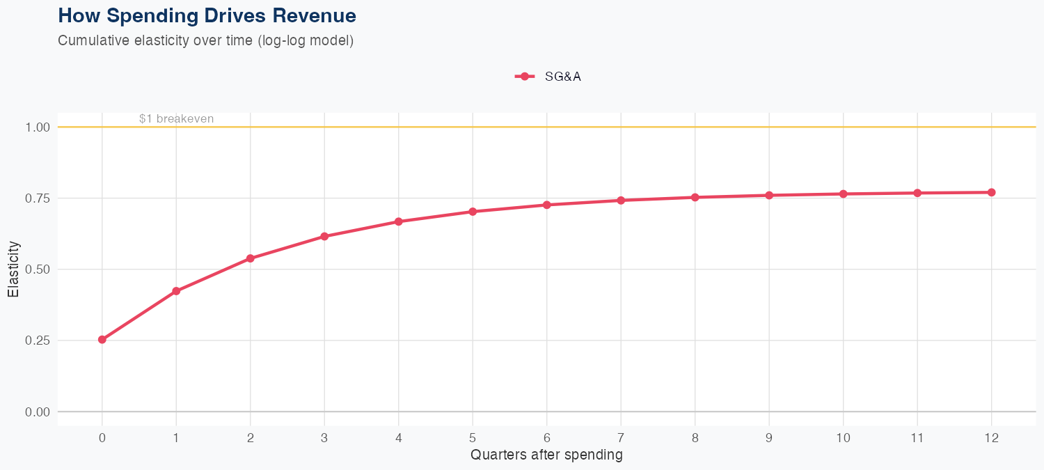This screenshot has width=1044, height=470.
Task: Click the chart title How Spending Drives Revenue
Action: tap(207, 16)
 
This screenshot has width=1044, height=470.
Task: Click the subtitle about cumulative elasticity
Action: tap(206, 40)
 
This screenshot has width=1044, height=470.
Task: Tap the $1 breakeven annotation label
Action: tap(176, 119)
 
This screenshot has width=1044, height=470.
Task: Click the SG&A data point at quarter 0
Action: tap(102, 340)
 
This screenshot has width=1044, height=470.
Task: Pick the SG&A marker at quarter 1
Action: tap(176, 291)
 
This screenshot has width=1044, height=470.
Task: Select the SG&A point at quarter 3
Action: tap(324, 237)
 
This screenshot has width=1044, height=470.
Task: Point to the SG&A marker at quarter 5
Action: tap(473, 212)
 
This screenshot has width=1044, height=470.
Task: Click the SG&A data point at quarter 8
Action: tap(695, 197)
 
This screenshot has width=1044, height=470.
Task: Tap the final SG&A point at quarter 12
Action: tap(991, 192)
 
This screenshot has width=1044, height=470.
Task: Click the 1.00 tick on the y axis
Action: tap(38, 127)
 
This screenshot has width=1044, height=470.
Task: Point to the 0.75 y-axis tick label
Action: tap(38, 198)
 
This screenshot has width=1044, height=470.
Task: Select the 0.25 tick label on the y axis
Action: tap(38, 340)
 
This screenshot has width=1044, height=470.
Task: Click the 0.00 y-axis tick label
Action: tap(38, 412)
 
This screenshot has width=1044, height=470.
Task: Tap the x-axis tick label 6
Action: tap(546, 438)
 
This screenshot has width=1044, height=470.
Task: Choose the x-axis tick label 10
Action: tap(843, 438)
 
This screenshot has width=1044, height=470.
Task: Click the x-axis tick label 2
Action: tap(250, 438)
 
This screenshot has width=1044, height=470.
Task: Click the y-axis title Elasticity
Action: tap(13, 269)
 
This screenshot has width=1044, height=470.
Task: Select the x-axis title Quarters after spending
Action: tap(546, 455)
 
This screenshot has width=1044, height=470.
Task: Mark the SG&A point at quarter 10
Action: tap(843, 194)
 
